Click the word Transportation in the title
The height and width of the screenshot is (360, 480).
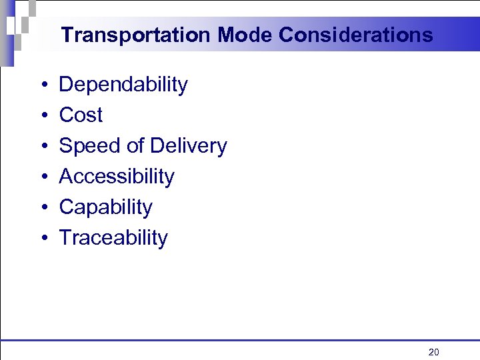134,35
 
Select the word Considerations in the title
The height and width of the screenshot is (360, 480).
356,35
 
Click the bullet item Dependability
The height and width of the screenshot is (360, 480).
123,85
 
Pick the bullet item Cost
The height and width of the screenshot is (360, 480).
81,115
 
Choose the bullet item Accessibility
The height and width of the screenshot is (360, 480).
117,177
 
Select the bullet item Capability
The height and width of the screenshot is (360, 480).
105,207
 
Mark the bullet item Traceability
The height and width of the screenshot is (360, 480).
113,238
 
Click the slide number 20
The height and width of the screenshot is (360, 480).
433,352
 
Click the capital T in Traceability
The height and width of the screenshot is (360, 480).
65,238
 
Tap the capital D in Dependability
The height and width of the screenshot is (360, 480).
67,85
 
